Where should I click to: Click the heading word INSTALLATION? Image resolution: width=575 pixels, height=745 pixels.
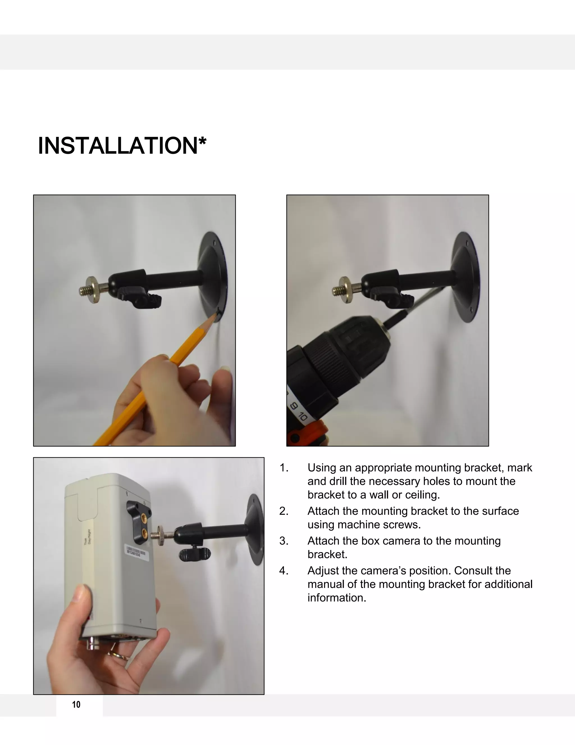pyautogui.click(x=118, y=146)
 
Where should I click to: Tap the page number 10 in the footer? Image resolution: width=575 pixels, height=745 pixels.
pyautogui.click(x=76, y=705)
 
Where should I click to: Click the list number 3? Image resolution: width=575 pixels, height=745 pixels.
pyautogui.click(x=283, y=541)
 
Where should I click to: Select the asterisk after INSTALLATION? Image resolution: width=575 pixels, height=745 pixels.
pyautogui.click(x=202, y=141)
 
